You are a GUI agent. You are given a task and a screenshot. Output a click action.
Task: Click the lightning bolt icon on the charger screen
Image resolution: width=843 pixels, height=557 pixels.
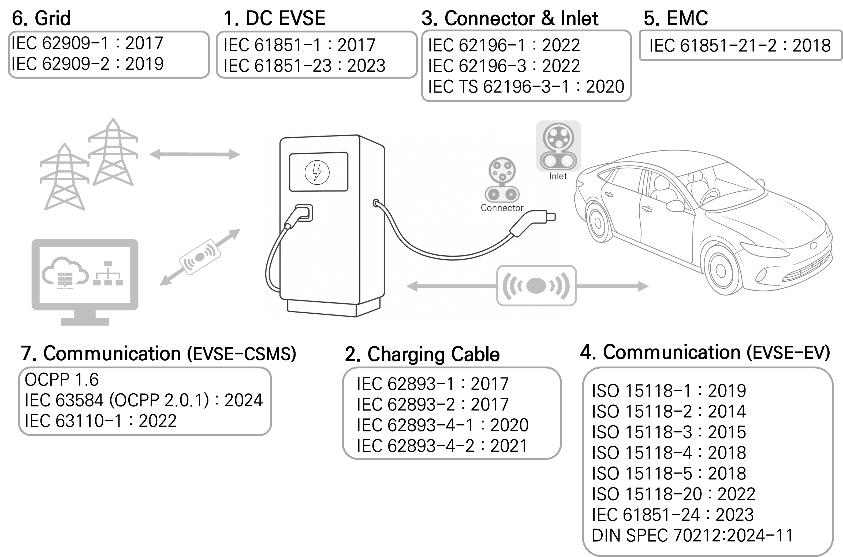coord(317,172)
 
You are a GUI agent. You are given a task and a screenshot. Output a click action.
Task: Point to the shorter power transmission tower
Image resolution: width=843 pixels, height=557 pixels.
coord(65,178)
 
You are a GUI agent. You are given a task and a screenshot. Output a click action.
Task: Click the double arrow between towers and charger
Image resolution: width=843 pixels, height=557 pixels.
coord(195,155)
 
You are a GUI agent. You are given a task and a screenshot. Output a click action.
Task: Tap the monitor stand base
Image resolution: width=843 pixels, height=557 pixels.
coord(85,321)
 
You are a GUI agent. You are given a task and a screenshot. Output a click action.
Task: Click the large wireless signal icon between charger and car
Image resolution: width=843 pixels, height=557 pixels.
coord(536,285)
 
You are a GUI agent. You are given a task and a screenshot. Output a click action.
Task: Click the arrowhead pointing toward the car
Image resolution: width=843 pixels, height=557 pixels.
coord(643,286)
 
